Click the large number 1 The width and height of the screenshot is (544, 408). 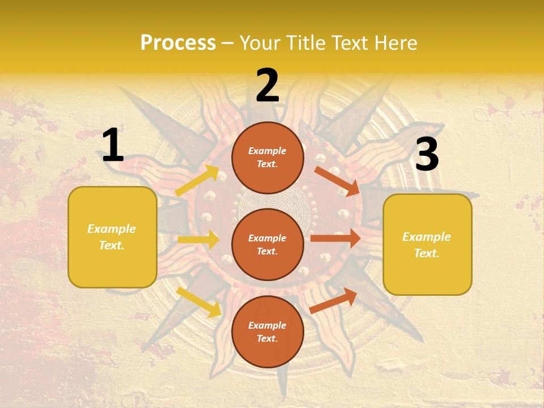(x=113, y=146)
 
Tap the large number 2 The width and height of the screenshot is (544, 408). (x=267, y=86)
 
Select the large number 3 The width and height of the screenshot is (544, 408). (x=427, y=155)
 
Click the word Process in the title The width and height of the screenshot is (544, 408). (x=178, y=42)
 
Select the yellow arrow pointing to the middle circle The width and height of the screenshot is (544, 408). (x=198, y=240)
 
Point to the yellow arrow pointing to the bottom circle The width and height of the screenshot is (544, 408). (x=199, y=301)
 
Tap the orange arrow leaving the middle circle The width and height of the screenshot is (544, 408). (x=335, y=239)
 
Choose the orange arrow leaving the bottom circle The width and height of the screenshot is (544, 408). (x=333, y=300)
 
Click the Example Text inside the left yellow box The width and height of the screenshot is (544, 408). (x=112, y=237)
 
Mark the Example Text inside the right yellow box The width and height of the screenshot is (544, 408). (x=427, y=245)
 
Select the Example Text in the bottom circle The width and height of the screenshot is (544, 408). (x=267, y=332)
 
